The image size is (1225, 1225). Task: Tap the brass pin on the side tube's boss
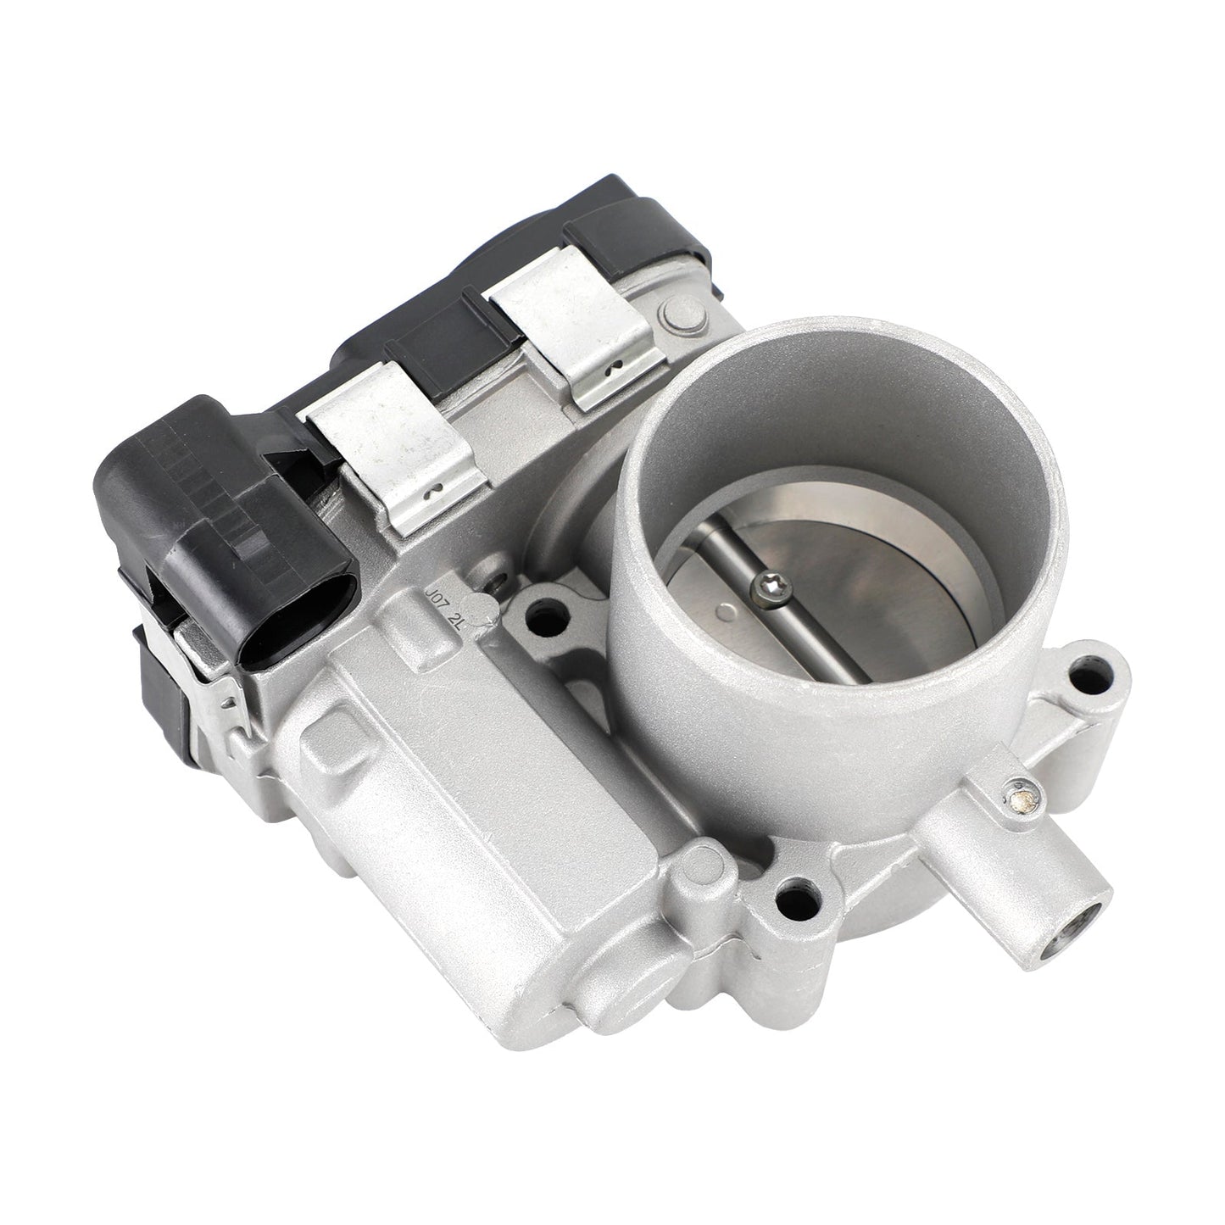tap(1019, 772)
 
